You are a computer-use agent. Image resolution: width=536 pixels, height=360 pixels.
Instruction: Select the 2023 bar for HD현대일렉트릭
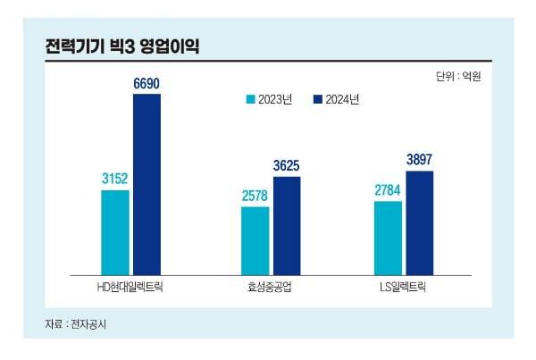114,231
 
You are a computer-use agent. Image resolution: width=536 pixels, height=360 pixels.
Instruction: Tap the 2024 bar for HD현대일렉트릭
147,183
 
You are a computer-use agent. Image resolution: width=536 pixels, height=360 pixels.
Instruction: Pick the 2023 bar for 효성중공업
255,239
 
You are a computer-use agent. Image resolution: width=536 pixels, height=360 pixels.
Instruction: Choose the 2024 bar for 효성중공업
287,224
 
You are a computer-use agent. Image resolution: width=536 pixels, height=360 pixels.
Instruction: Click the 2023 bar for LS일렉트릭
387,237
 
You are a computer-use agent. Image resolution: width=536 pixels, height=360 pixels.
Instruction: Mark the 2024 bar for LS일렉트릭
419,221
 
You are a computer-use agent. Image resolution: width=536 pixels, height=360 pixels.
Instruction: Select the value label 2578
255,197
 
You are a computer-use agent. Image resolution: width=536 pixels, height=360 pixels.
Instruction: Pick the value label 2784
387,191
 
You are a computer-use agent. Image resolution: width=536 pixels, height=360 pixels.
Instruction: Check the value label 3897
419,160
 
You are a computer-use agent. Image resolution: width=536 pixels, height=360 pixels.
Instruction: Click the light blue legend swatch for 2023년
251,99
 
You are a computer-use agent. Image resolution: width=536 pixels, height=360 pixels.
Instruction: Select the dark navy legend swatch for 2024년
319,99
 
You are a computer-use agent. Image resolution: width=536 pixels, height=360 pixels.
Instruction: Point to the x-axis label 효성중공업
270,287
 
